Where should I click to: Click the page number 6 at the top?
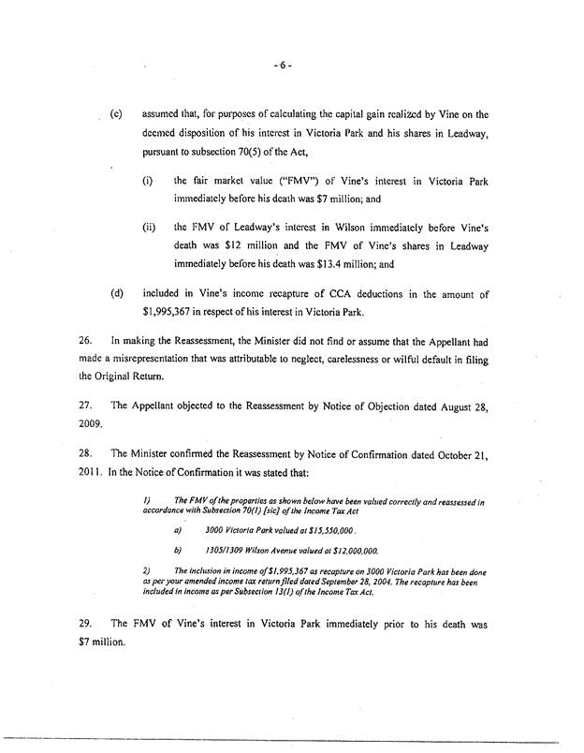click(285, 68)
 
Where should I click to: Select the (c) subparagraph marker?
click(117, 114)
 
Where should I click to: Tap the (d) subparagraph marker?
click(117, 292)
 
